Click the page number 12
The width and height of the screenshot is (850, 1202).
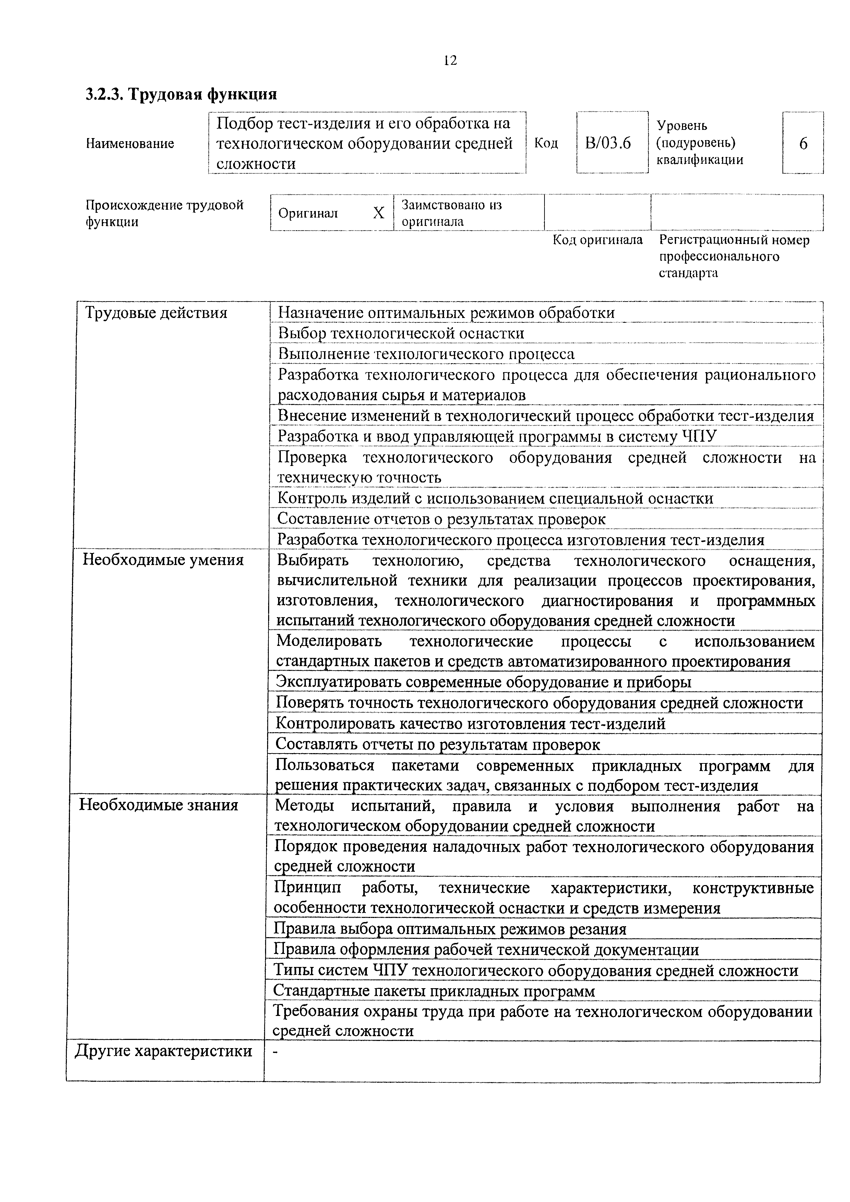pos(450,61)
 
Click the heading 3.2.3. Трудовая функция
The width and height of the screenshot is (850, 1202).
pos(181,94)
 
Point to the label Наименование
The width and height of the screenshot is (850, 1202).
pos(130,144)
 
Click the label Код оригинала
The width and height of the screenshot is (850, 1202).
pos(598,240)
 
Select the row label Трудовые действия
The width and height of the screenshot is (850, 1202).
pos(156,313)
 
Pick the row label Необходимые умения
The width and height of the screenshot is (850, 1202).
pos(164,560)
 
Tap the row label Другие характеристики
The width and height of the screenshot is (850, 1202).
pos(164,1051)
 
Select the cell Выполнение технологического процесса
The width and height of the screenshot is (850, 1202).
pos(426,354)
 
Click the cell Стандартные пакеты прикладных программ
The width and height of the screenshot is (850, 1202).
pos(434,991)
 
